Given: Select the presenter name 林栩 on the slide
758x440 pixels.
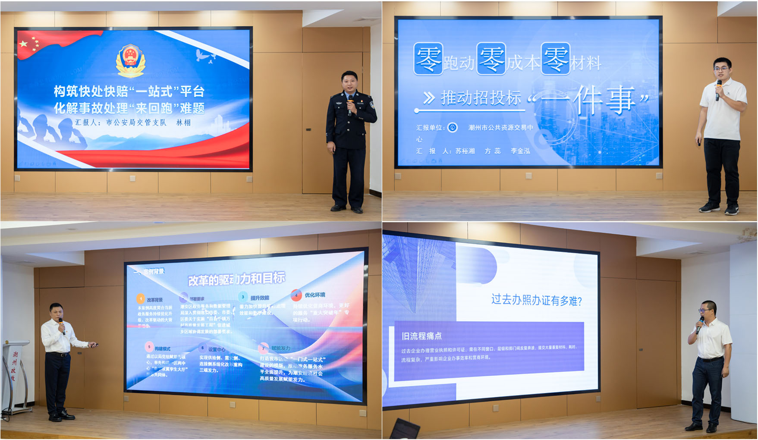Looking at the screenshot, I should (x=183, y=123).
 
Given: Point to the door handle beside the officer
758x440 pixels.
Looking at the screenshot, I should (x=308, y=129).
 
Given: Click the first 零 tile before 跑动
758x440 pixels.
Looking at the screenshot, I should (x=428, y=60).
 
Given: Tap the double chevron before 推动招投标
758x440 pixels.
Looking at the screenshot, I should (x=428, y=98).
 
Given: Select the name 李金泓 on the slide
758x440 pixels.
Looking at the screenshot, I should (x=520, y=151).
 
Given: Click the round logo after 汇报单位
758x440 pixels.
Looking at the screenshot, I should (x=452, y=127).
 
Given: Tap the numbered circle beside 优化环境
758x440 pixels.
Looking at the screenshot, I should (x=296, y=295).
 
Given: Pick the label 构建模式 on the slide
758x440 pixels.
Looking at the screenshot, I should (x=163, y=349).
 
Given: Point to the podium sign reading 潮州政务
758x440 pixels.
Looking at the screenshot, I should (x=14, y=366).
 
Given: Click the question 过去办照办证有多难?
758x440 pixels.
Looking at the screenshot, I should (x=536, y=300).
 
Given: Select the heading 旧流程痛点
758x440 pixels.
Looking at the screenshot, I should (x=421, y=336).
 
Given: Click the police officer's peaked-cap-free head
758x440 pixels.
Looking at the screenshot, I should (x=349, y=80).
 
